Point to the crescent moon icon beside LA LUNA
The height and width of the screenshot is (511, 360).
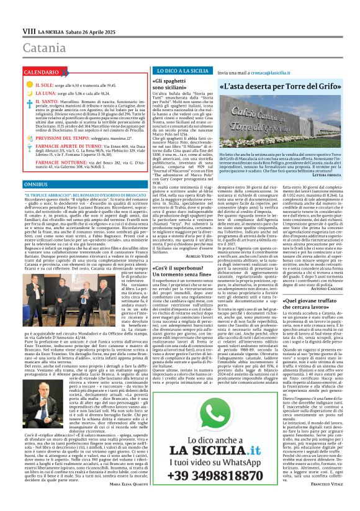coord(28,93)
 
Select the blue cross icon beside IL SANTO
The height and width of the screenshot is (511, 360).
coord(28,101)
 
